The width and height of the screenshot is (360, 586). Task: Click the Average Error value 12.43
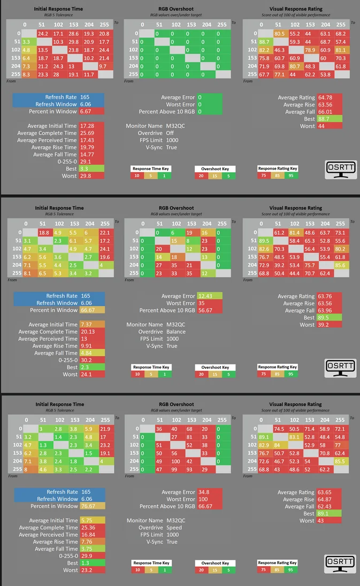205,296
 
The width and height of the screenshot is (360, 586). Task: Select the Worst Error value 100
203,499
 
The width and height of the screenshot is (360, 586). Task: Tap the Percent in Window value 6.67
85,111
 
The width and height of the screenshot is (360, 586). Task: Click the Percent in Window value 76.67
87,506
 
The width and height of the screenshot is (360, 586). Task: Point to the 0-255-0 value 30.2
85,360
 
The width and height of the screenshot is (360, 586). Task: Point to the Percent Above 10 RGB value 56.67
206,310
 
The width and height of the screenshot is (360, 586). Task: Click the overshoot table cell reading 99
174,469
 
